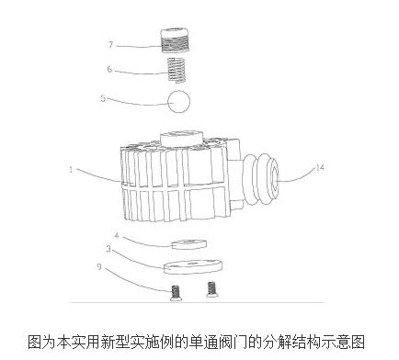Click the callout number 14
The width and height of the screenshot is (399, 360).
point(320,168)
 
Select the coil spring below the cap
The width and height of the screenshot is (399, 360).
point(180,67)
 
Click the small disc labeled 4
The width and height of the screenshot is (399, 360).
point(189,244)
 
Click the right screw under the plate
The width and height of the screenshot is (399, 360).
point(213,288)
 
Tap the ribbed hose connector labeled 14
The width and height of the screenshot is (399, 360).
point(266,174)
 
